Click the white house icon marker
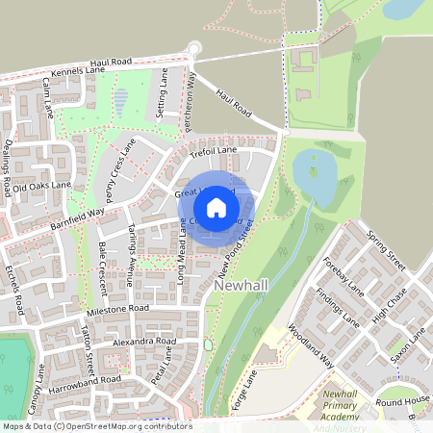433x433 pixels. [216, 207]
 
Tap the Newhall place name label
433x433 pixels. [243, 287]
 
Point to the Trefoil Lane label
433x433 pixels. [214, 151]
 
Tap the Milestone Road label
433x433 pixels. [118, 308]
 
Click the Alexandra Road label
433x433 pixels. [144, 342]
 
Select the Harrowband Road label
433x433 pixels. [88, 379]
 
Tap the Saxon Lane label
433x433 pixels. [408, 346]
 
